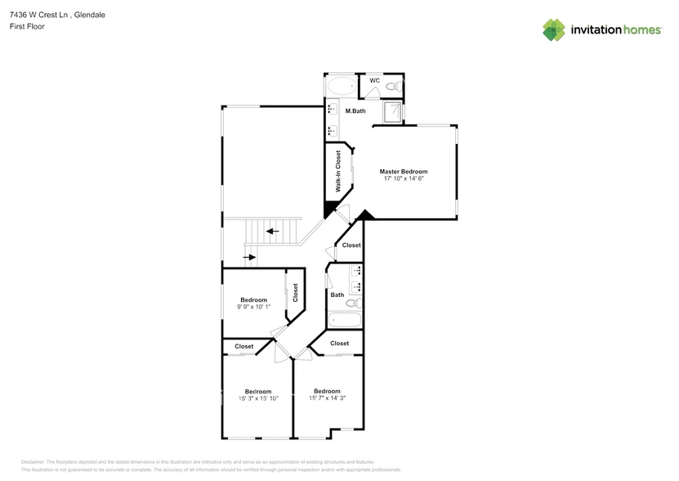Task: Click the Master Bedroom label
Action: coord(403,172)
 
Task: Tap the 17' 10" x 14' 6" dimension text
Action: coord(403,178)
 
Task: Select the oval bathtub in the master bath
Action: coord(341,87)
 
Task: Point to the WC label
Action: coord(374,80)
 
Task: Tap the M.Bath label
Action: coord(355,110)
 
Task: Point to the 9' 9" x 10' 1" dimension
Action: coord(253,307)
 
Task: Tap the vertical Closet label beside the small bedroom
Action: coord(295,293)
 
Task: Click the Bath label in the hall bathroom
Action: coord(337,294)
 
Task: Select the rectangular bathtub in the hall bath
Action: coord(342,321)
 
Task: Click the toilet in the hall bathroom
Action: coord(336,306)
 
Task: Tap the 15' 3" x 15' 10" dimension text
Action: coord(259,398)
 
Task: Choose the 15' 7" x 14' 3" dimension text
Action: coord(327,398)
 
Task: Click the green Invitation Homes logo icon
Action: coord(554,29)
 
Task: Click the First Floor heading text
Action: coord(28,26)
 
